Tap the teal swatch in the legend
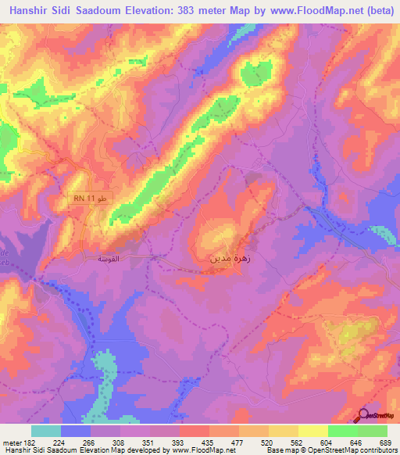pyautogui.click(x=45, y=431)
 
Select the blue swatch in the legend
pyautogui.click(x=75, y=431)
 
